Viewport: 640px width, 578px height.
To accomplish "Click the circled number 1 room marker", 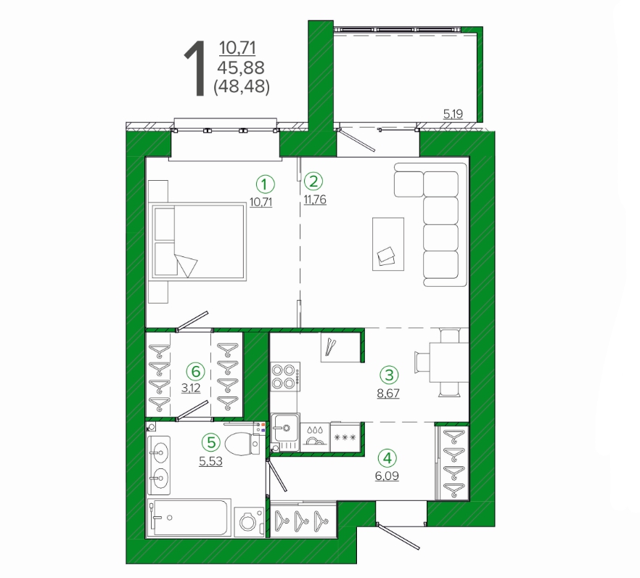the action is point(266,184).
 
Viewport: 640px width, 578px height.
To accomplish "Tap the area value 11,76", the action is point(315,200).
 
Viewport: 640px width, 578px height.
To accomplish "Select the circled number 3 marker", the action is point(389,375).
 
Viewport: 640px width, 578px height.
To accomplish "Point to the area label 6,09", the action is point(387,476).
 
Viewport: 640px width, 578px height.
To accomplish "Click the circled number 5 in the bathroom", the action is point(211,442).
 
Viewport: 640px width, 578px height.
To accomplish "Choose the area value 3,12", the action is point(191,388).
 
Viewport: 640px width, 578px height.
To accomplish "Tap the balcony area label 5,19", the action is point(453,114).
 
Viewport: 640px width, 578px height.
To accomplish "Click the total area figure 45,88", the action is point(241,67).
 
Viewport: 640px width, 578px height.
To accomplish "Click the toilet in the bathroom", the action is point(242,443).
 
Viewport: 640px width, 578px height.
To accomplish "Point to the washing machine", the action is point(249,521).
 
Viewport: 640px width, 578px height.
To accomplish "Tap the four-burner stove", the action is point(285,377).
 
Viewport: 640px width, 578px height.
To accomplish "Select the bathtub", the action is point(189,517).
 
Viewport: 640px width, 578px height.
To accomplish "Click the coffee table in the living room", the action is point(388,244).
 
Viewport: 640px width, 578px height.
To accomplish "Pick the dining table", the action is point(448,362).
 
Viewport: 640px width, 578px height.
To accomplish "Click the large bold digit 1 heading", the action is point(195,69).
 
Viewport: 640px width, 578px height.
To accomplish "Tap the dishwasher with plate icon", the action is point(315,436).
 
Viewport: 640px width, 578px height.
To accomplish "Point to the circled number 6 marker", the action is point(195,372).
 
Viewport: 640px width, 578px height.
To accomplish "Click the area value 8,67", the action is point(388,394).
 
